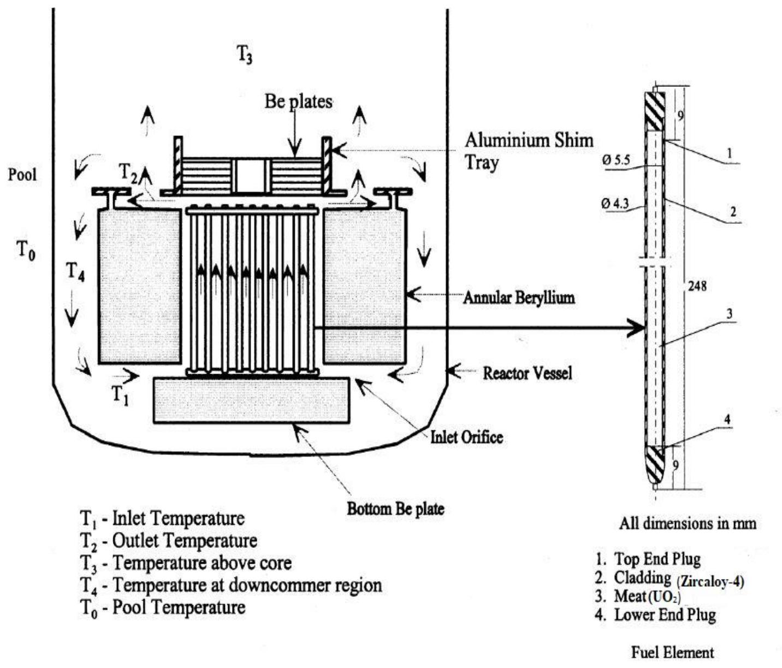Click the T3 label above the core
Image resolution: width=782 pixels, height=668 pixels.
pyautogui.click(x=244, y=55)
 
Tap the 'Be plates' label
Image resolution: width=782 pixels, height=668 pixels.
pyautogui.click(x=298, y=101)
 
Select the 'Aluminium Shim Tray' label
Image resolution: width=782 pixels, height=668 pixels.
pyautogui.click(x=529, y=151)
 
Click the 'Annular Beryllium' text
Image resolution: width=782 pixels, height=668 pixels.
pyautogui.click(x=519, y=298)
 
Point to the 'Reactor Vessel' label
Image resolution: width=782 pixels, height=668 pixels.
pyautogui.click(x=528, y=373)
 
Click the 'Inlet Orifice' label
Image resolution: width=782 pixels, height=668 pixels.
pyautogui.click(x=466, y=437)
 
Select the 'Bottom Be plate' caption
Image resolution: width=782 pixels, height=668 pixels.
pyautogui.click(x=395, y=509)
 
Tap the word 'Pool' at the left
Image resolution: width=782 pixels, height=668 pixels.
pyautogui.click(x=22, y=175)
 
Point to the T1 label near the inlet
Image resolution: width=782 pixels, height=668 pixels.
pyautogui.click(x=120, y=394)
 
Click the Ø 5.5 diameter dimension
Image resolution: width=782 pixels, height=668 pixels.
pyautogui.click(x=616, y=160)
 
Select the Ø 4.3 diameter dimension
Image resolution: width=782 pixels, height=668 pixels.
pyautogui.click(x=615, y=204)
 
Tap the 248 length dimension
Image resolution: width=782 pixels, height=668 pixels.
pyautogui.click(x=697, y=286)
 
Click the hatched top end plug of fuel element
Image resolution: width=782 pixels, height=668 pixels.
pyautogui.click(x=655, y=111)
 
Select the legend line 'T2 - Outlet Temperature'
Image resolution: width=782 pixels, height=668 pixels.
pyautogui.click(x=169, y=541)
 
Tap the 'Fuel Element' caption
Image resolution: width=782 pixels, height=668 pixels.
pyautogui.click(x=672, y=652)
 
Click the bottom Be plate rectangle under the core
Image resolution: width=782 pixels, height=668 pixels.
pyautogui.click(x=251, y=400)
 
